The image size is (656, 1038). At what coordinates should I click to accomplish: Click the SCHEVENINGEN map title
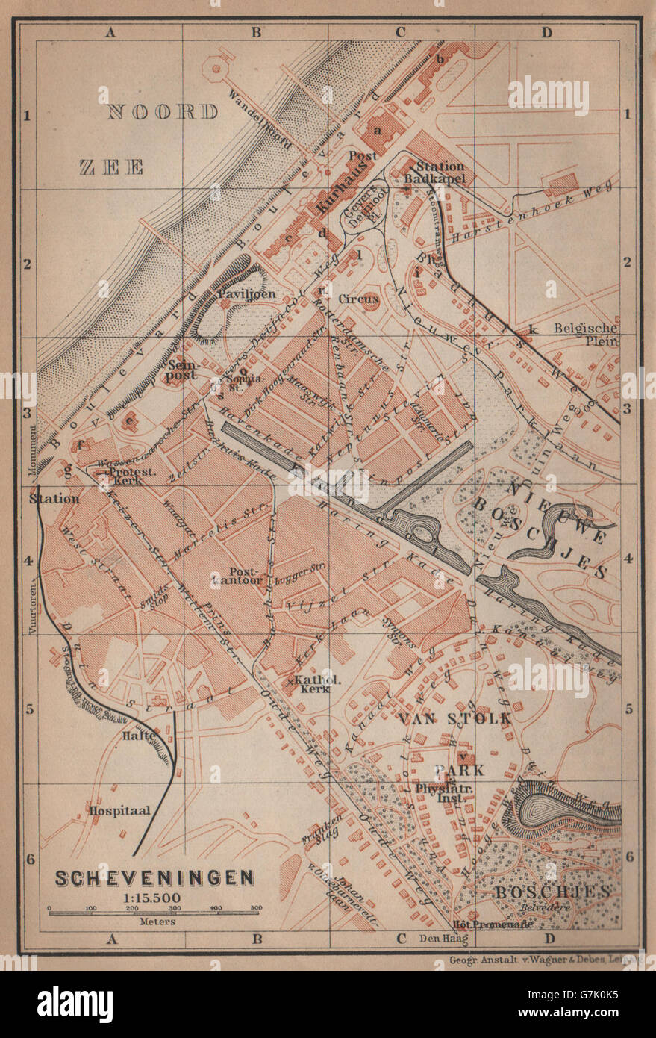(x=154, y=877)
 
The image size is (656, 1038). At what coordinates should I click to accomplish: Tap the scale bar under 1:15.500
(x=154, y=909)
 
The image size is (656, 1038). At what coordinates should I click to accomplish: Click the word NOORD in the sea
(x=163, y=113)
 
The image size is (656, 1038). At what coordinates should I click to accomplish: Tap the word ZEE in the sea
(x=112, y=167)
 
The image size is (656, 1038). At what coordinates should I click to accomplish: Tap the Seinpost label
(x=181, y=370)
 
